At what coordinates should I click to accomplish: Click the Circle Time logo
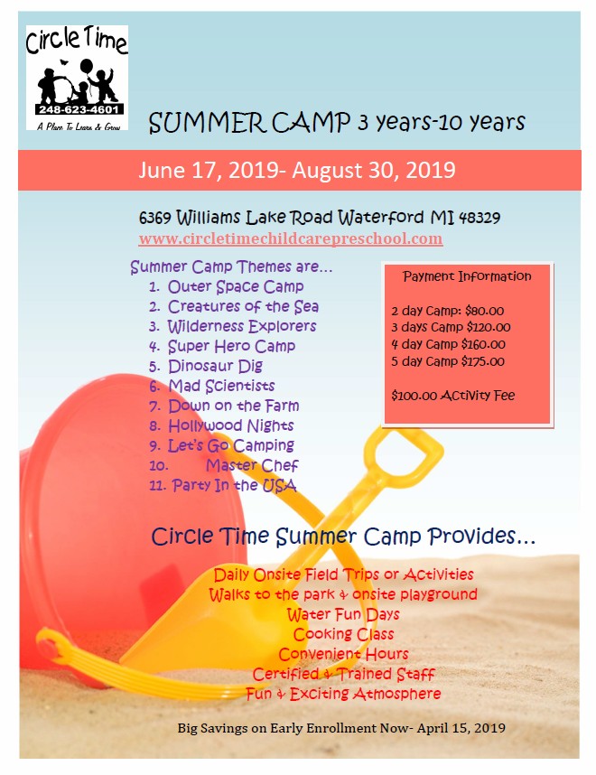pos(77,77)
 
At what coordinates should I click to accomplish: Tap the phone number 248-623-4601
pos(77,109)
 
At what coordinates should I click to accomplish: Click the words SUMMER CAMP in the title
pos(225,123)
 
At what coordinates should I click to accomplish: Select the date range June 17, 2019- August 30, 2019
pos(297,170)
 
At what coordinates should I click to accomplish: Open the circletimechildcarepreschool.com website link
pos(290,238)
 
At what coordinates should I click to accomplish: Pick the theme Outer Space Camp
pos(236,286)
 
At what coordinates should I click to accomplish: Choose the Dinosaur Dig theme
pos(215,366)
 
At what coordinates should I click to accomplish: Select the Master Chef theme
pos(251,465)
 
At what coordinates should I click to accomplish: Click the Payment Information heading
pos(467,276)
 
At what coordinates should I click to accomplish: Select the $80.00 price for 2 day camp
pos(486,310)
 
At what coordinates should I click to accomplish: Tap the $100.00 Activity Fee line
pos(452,396)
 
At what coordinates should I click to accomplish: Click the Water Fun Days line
pos(343,614)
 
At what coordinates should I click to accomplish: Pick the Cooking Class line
pos(343,634)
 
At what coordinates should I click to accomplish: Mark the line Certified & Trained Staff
pos(343,674)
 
